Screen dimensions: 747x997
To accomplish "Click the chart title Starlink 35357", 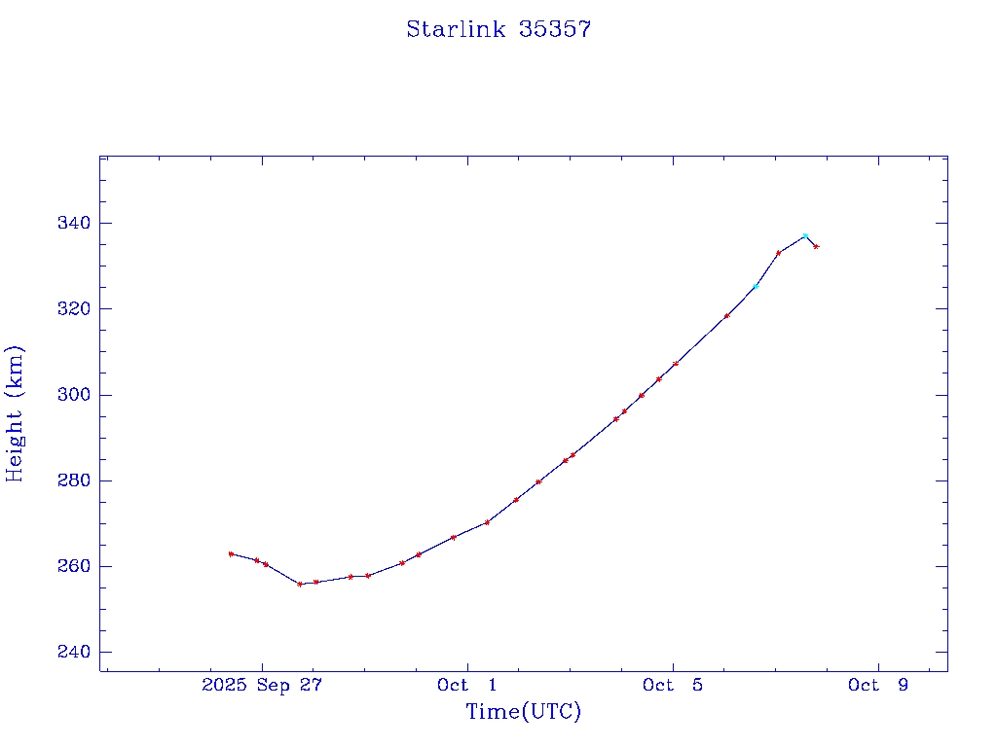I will pos(498,29).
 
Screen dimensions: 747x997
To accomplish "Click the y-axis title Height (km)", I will pos(15,412).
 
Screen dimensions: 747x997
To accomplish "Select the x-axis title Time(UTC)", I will pos(523,712).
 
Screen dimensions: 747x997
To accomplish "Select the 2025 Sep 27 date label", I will pos(262,685).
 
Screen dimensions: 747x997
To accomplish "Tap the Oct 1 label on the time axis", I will pos(467,685).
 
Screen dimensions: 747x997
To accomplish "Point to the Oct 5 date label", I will pos(673,685).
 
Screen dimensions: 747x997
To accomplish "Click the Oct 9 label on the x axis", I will pos(878,685).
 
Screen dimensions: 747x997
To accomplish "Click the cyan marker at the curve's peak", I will pos(805,236).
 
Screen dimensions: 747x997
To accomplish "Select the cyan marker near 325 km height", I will pos(756,286).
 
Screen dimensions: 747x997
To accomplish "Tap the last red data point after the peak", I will pos(816,246).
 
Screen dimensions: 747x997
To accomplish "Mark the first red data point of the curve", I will pos(231,553).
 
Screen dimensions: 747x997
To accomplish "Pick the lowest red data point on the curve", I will pos(300,584).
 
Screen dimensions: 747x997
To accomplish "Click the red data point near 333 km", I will pos(778,253).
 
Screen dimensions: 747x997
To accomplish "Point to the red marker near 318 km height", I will pos(726,315).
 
